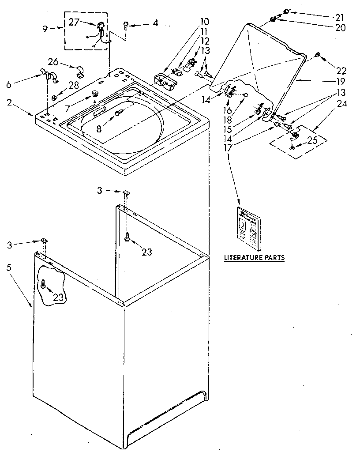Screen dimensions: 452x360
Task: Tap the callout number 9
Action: pos(45,29)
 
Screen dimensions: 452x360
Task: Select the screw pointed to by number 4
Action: pos(126,25)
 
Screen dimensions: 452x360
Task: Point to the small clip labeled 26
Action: pos(80,70)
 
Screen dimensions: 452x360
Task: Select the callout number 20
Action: pos(340,27)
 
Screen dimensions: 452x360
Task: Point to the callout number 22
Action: pos(341,71)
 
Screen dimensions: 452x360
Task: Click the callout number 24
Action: pos(342,104)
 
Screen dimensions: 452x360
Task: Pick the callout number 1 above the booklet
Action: pos(229,157)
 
